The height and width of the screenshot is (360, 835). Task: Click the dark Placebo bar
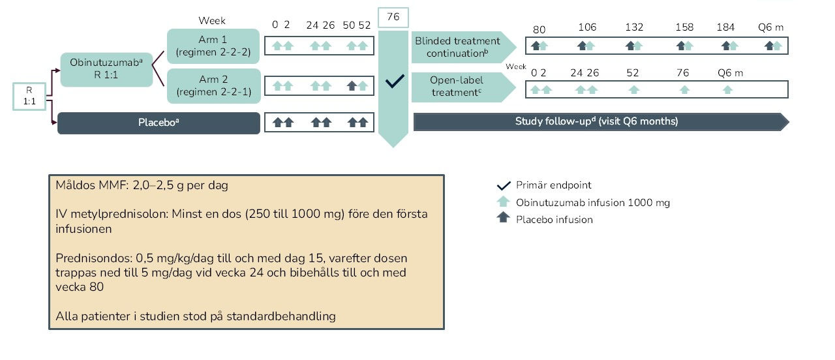coord(159,122)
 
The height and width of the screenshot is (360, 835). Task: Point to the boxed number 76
coord(393,17)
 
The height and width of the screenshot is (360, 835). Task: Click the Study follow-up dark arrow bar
coord(597,121)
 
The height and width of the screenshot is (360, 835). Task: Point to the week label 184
coord(725,27)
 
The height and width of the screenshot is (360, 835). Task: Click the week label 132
coord(634,27)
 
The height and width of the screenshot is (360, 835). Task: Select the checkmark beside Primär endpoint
coord(502,185)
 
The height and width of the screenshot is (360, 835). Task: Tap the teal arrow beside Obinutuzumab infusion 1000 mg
coord(502,202)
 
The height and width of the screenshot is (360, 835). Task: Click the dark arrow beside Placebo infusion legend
coord(502,218)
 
